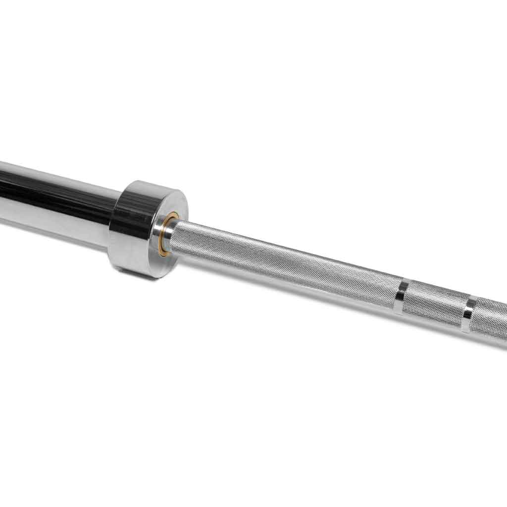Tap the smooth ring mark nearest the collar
402,297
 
